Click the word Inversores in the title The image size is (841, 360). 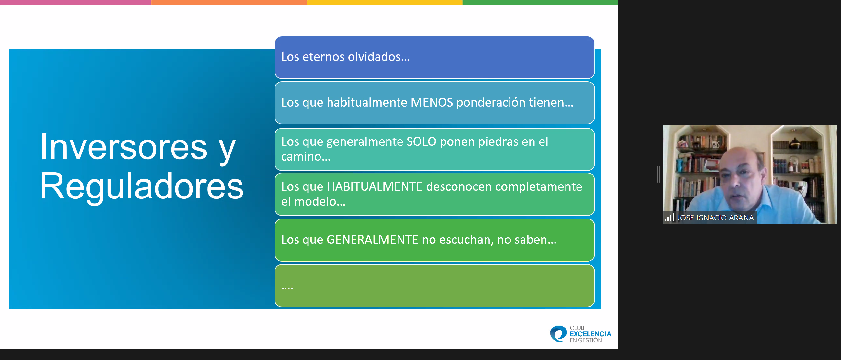[123, 147]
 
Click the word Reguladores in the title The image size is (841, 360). [141, 186]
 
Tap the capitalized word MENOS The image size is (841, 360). [432, 103]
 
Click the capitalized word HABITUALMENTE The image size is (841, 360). [375, 187]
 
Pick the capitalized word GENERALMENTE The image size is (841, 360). [372, 240]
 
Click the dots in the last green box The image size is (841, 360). [287, 287]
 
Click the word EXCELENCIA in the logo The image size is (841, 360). [590, 334]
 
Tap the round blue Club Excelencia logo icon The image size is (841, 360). [558, 333]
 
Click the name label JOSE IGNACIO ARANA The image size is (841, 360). [715, 218]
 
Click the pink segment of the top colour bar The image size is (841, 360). [75, 2]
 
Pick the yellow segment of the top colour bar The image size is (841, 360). [385, 2]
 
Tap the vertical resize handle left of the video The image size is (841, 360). [659, 174]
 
